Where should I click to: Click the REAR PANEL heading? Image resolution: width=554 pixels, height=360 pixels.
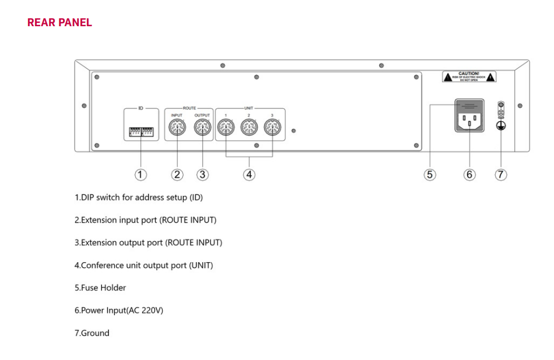[x=59, y=23]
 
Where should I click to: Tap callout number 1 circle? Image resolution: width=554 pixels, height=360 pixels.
[x=140, y=174]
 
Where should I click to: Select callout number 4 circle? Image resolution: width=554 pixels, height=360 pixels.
[x=249, y=174]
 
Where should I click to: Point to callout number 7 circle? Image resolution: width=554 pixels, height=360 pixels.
[x=500, y=174]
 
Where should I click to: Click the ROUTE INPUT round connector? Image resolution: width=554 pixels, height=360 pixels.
[x=177, y=128]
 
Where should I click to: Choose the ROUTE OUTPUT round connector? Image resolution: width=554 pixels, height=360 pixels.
[x=202, y=128]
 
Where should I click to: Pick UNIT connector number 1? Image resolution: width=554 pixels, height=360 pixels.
[x=225, y=128]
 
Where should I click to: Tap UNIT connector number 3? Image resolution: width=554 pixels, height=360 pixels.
[x=272, y=128]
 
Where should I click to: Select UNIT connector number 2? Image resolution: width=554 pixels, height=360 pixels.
[x=249, y=128]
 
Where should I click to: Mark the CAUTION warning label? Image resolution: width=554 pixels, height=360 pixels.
[x=469, y=76]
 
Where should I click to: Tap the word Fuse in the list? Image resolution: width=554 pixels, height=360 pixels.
[x=90, y=288]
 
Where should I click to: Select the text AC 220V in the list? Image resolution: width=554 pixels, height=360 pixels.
[x=148, y=310]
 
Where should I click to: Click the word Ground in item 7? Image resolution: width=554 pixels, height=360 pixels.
[x=95, y=333]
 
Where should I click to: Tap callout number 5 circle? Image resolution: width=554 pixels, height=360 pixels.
[x=429, y=174]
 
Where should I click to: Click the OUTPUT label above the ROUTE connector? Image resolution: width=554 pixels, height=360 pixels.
[x=202, y=115]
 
